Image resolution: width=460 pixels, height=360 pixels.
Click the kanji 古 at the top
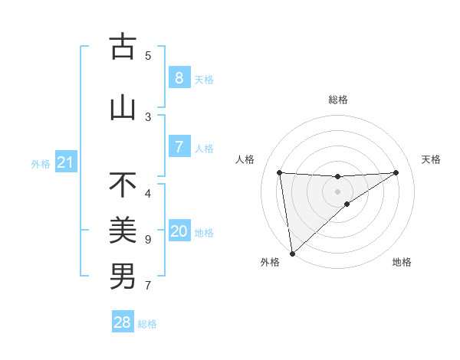point(123,47)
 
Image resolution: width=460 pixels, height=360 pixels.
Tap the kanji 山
point(123,107)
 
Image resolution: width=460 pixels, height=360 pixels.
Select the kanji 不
point(123,186)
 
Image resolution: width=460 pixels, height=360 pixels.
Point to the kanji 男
point(123,277)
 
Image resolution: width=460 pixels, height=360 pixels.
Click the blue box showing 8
point(179,77)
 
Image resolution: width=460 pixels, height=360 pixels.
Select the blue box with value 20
point(179,232)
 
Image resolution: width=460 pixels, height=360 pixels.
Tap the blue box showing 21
point(64,162)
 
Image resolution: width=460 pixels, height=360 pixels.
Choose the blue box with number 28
point(123,322)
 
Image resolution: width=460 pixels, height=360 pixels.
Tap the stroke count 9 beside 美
point(148,240)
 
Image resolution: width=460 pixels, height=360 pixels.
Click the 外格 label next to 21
point(40,163)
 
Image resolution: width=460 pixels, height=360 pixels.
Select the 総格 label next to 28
point(147,323)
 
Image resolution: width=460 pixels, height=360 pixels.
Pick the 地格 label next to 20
point(204,233)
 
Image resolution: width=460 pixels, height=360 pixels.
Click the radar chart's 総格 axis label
point(338,100)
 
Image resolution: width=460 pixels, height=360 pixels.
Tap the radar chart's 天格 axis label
point(432,159)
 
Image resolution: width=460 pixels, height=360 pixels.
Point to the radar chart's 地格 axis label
point(402,262)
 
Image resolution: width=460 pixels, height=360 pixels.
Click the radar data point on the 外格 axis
point(291,253)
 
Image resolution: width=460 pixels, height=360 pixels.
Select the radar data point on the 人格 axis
point(279,172)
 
